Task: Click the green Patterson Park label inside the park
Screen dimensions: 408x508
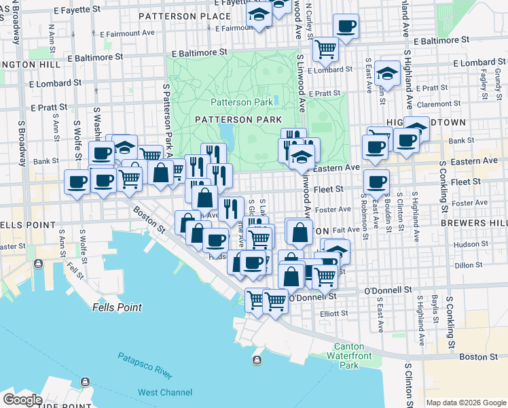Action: click(x=241, y=102)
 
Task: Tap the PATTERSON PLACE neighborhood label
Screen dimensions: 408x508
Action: click(x=184, y=16)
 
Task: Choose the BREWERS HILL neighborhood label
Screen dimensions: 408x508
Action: click(x=479, y=223)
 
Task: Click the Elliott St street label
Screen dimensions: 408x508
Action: click(x=334, y=313)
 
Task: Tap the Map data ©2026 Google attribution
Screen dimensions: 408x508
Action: click(x=466, y=403)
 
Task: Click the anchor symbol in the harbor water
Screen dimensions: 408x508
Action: click(x=257, y=360)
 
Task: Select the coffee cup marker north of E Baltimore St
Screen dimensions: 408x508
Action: click(x=346, y=27)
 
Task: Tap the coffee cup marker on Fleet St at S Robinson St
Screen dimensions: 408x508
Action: click(x=376, y=182)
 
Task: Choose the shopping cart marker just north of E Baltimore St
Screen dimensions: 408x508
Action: click(x=325, y=48)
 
